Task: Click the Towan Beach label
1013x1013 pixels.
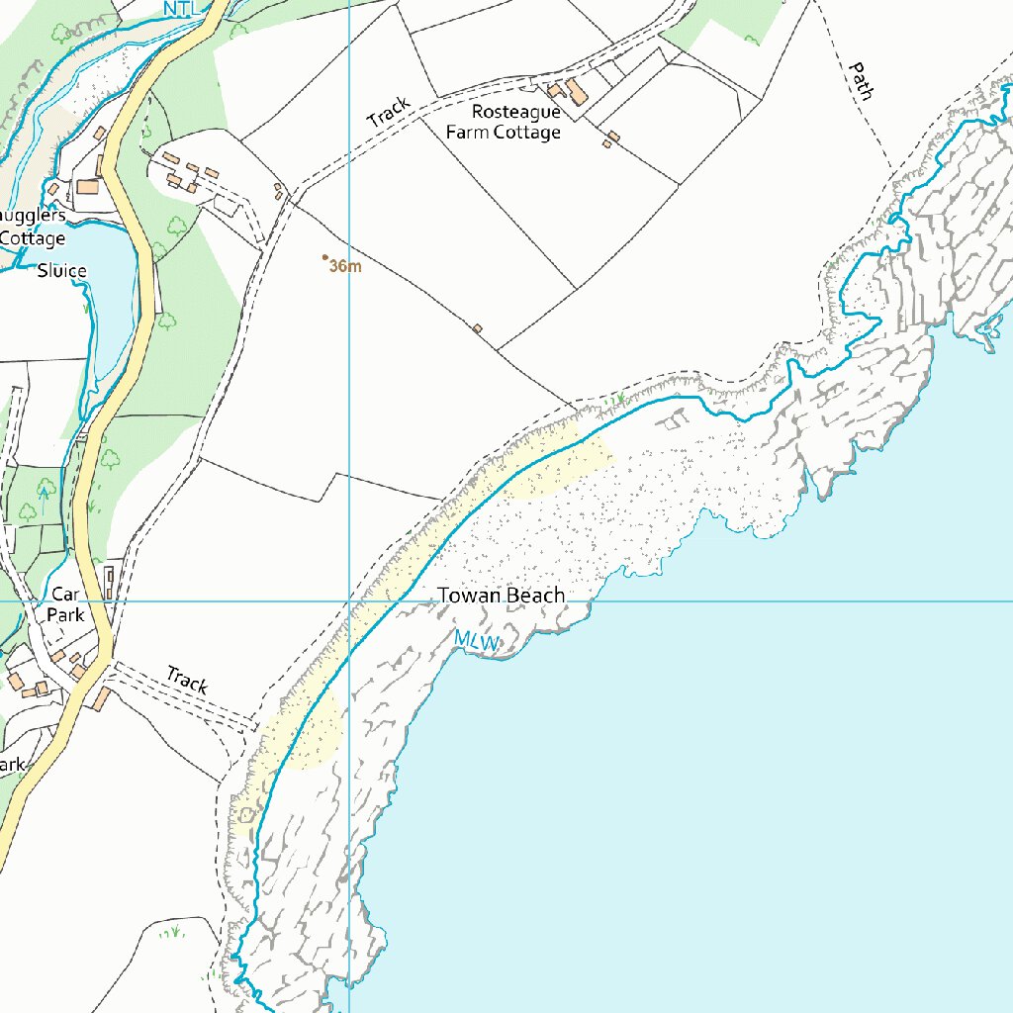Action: click(x=501, y=596)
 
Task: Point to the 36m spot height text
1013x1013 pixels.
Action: click(x=346, y=267)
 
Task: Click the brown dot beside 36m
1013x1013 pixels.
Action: click(x=325, y=257)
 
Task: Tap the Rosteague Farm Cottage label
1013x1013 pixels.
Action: click(x=515, y=123)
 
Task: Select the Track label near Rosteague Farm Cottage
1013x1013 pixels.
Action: click(x=388, y=111)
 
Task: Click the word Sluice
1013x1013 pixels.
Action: click(x=61, y=271)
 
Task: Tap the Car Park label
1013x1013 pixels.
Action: click(x=65, y=604)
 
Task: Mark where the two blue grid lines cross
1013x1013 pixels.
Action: click(x=349, y=600)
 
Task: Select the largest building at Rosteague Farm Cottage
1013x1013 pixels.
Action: click(x=575, y=94)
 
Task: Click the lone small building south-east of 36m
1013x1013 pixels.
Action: click(x=477, y=328)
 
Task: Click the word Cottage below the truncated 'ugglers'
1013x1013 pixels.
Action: click(x=33, y=238)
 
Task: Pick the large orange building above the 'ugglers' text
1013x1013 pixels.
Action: click(x=88, y=186)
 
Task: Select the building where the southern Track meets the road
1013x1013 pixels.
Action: click(x=103, y=698)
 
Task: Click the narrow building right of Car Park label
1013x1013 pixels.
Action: click(x=109, y=582)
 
